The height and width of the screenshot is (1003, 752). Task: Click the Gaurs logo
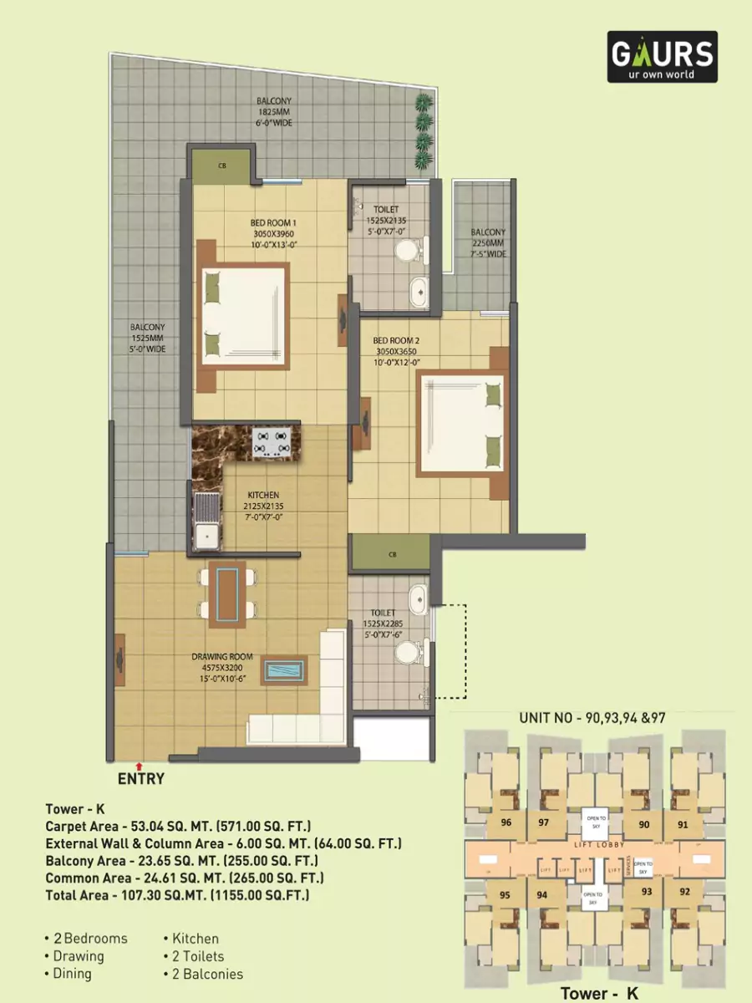(x=662, y=57)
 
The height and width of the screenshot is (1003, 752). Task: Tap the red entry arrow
(x=140, y=764)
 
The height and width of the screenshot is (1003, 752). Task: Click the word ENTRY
(x=140, y=779)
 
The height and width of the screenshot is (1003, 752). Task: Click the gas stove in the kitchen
(x=271, y=440)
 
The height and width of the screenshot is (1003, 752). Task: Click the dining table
(x=227, y=593)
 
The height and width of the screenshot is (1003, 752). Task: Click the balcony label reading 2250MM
(x=487, y=243)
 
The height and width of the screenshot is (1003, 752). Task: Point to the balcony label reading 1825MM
(x=275, y=112)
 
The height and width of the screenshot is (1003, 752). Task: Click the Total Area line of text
(x=177, y=895)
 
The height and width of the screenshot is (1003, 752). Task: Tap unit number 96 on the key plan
(x=505, y=822)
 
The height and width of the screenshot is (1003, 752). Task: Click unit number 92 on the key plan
(x=685, y=890)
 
